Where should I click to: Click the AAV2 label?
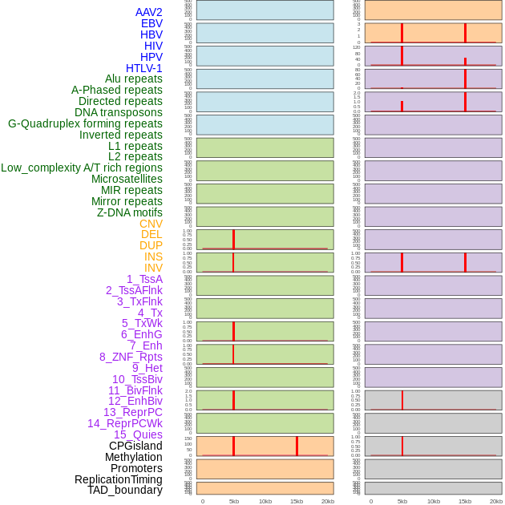148,12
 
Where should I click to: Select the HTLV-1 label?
143,68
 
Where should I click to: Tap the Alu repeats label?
134,79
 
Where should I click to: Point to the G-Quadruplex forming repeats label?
85,123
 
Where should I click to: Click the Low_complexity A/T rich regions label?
82,168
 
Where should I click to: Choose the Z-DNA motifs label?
130,212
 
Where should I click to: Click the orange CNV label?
151,224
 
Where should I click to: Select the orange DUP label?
151,245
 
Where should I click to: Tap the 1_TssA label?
144,279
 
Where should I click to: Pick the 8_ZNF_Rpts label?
131,357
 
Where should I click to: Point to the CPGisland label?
135,446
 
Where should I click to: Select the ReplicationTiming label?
119,479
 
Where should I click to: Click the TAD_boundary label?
125,490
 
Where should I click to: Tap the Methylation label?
134,457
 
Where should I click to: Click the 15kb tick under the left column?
297,501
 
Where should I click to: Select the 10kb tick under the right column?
434,501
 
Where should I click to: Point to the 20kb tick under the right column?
496,501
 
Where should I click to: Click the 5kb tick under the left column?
234,501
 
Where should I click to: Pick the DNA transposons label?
119,112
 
